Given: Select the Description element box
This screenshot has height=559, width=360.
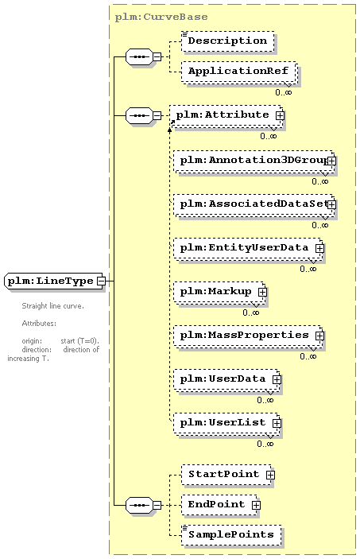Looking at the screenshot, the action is click(228, 41).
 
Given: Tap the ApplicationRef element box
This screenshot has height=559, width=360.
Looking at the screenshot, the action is click(239, 72).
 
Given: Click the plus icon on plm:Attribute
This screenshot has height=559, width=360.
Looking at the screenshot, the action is click(280, 115).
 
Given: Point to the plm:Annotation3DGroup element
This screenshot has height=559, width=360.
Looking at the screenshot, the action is click(254, 161).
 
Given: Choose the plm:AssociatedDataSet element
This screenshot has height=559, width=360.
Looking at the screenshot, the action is click(254, 204).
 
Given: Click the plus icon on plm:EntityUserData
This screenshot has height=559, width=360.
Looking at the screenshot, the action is click(319, 248).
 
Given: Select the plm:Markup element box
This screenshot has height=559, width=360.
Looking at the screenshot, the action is click(219, 292).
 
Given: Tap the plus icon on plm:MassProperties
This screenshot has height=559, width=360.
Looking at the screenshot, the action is click(319, 336).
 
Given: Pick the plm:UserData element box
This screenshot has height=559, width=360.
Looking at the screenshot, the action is click(226, 379).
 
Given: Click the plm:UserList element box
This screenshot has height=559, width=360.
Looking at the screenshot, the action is click(226, 423).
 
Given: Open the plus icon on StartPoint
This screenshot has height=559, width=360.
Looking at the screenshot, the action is click(270, 475).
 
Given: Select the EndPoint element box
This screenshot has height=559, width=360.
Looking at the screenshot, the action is click(219, 505).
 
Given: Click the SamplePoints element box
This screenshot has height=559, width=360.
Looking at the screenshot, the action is click(231, 535).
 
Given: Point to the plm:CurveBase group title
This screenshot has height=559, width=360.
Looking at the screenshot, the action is click(161, 17).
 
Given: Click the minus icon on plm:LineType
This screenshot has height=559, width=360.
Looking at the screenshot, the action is click(101, 281).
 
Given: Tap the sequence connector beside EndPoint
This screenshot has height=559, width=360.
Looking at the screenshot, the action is click(140, 505).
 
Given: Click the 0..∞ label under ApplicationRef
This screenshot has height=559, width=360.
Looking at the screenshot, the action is click(284, 92).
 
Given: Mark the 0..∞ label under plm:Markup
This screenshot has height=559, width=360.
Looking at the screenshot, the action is click(251, 312).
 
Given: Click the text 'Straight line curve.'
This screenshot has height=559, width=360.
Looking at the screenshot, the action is click(53, 306).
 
